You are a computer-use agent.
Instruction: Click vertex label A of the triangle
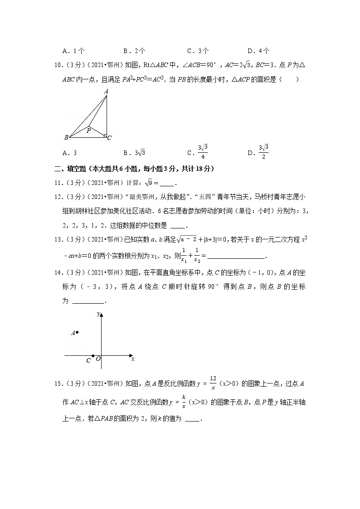(106, 92)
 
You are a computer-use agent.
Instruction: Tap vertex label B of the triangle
(66, 137)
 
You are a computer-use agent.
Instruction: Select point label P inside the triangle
(88, 131)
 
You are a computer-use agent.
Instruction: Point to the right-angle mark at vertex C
(105, 136)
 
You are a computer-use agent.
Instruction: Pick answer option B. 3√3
(134, 153)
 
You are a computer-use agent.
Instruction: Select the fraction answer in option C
(203, 152)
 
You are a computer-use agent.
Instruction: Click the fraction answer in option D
(263, 152)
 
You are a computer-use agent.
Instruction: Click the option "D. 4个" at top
(259, 51)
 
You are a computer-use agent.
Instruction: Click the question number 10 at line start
(58, 65)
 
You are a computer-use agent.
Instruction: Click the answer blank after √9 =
(167, 184)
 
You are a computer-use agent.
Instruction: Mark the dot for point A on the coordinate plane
(77, 333)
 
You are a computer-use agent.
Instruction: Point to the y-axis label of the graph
(98, 314)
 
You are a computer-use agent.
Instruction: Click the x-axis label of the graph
(132, 359)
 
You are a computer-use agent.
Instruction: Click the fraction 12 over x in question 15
(213, 384)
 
